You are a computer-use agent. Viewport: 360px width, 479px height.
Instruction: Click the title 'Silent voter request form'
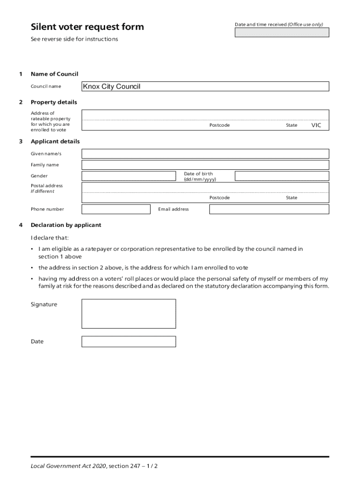(x=87, y=27)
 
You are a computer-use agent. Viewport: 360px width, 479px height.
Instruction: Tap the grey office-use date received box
(x=281, y=32)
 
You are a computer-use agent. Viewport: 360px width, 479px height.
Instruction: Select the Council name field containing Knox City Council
(x=205, y=87)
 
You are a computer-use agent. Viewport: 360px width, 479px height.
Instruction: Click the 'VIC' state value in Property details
(x=317, y=125)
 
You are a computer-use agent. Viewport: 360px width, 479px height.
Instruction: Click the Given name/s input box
(x=205, y=153)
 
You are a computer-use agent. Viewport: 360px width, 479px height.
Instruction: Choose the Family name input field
(x=205, y=165)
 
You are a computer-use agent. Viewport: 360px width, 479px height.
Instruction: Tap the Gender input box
(x=130, y=176)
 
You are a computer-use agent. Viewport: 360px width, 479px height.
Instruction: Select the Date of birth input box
(x=281, y=176)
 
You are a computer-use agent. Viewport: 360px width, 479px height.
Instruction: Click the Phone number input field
(x=116, y=209)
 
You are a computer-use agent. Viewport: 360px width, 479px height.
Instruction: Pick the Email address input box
(x=269, y=209)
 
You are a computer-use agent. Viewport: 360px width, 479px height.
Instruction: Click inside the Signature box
(x=129, y=313)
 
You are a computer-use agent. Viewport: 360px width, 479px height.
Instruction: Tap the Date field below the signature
(x=129, y=341)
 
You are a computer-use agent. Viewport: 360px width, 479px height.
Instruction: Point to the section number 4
(x=20, y=225)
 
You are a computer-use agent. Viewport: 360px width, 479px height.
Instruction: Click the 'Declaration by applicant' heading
(x=66, y=225)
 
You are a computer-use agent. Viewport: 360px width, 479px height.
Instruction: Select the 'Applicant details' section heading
(x=55, y=141)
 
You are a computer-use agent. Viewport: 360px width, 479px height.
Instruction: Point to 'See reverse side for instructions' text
(x=74, y=39)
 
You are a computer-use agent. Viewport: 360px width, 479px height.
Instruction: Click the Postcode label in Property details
(x=219, y=125)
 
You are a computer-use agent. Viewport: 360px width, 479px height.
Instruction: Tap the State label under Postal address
(x=291, y=198)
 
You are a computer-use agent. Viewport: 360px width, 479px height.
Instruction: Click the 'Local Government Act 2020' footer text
(x=68, y=466)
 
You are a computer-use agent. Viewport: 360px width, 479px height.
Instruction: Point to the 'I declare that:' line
(x=50, y=237)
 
